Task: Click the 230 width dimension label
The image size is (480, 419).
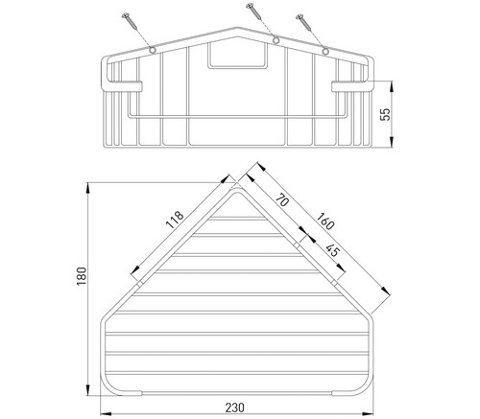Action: click(x=235, y=407)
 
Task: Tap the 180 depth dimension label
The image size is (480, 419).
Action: click(x=82, y=277)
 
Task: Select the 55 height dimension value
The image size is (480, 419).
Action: click(x=386, y=114)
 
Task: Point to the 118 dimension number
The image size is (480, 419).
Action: click(x=175, y=220)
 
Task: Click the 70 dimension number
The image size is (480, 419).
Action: click(x=282, y=200)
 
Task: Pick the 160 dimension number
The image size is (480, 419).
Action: click(x=325, y=221)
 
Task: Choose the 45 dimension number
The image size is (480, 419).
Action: click(x=333, y=250)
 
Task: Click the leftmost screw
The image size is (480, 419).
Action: click(x=130, y=21)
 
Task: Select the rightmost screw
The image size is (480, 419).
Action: click(x=304, y=21)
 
